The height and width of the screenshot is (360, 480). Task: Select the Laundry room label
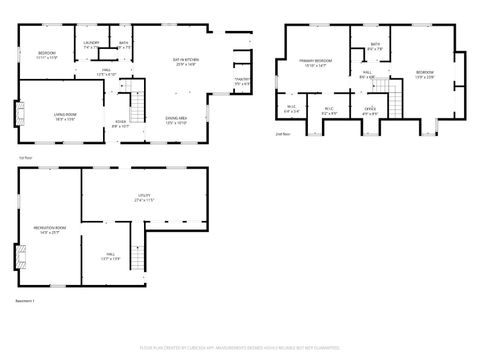click(91, 44)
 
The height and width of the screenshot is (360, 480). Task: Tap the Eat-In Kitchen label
click(187, 62)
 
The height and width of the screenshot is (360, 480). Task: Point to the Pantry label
click(241, 80)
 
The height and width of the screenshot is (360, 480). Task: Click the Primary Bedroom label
click(316, 63)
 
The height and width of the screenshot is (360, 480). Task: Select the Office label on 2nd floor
click(370, 110)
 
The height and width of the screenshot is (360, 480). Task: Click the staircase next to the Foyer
click(139, 102)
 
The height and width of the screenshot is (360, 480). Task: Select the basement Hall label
click(109, 257)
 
